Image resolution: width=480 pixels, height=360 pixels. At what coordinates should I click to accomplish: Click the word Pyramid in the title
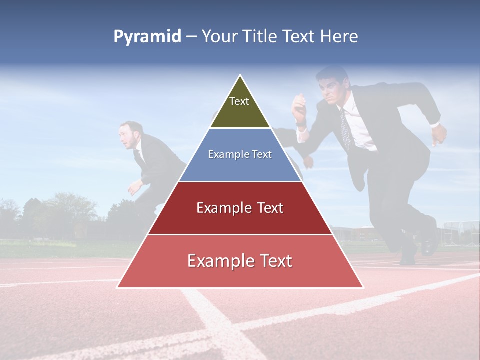pos(147,37)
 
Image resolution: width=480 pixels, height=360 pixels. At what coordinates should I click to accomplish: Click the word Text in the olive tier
pos(239,101)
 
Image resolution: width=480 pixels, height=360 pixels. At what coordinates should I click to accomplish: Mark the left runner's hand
pos(133,187)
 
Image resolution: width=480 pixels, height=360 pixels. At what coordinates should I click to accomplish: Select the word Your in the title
pos(218,37)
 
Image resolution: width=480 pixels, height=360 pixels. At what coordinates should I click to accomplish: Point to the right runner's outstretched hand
pos(438,133)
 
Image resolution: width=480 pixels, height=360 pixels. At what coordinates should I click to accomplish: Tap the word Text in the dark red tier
pos(270,208)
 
